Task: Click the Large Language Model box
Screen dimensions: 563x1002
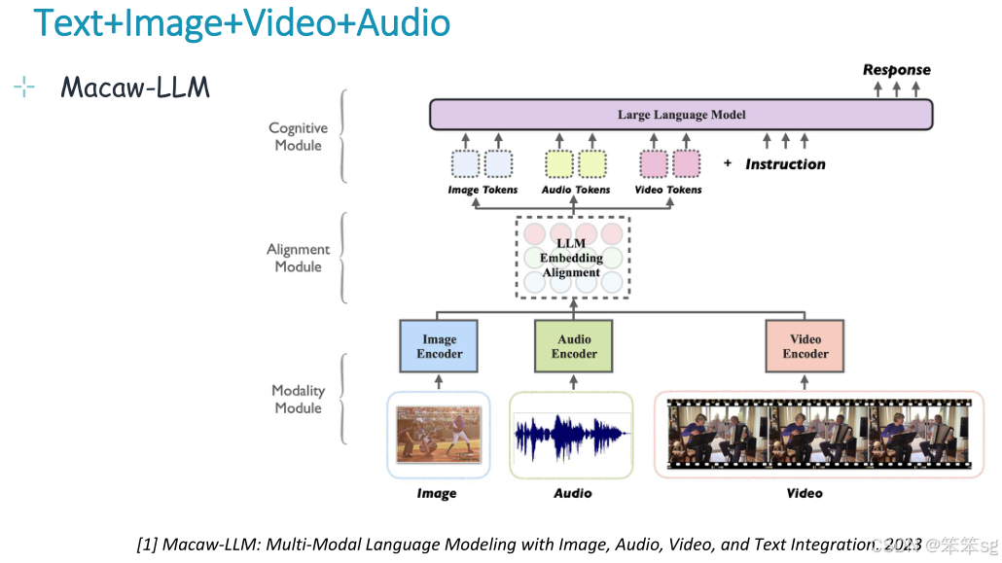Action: pyautogui.click(x=681, y=115)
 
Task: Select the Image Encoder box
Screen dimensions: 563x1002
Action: pyautogui.click(x=439, y=346)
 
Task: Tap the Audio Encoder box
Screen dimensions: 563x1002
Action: pyautogui.click(x=574, y=346)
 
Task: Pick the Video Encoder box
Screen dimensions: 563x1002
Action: pyautogui.click(x=805, y=346)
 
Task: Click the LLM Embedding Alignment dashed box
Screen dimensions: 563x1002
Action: pyautogui.click(x=572, y=258)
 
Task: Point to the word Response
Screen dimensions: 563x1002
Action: pyautogui.click(x=896, y=70)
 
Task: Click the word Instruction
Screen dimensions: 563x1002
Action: pyautogui.click(x=785, y=164)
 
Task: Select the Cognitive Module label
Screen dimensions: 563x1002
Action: pyautogui.click(x=298, y=136)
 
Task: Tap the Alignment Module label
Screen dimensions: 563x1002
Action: pyautogui.click(x=298, y=258)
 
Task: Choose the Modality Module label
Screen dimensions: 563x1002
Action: pyautogui.click(x=298, y=399)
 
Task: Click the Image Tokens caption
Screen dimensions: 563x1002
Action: pyautogui.click(x=483, y=190)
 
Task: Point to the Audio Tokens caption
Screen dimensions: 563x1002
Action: pyautogui.click(x=576, y=190)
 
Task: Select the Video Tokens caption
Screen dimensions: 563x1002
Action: pyautogui.click(x=667, y=190)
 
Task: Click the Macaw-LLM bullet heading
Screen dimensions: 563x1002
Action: pyautogui.click(x=134, y=88)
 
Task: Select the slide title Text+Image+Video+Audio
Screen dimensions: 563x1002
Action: pyautogui.click(x=242, y=22)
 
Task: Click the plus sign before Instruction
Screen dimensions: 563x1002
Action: pyautogui.click(x=727, y=163)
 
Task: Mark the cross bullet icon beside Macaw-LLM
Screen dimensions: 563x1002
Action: pyautogui.click(x=24, y=88)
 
